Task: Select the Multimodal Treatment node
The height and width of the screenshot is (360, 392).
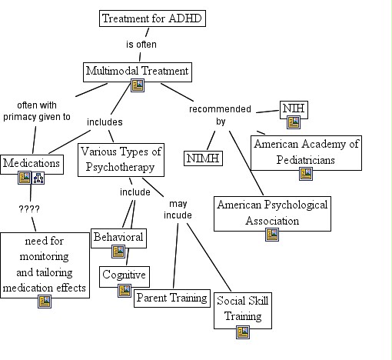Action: [x=137, y=72]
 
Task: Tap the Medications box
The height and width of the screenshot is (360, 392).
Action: [x=32, y=163]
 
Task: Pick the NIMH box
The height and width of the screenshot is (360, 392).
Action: [x=203, y=158]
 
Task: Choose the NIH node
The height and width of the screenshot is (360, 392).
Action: [x=293, y=108]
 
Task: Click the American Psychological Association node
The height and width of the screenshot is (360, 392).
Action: [x=272, y=213]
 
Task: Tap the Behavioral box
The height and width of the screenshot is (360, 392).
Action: [x=118, y=237]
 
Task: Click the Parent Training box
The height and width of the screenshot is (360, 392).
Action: [x=171, y=298]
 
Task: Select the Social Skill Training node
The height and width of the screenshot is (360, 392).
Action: [x=243, y=308]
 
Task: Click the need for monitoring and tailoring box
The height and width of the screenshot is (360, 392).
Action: [x=44, y=264]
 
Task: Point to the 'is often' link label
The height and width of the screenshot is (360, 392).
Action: [x=141, y=44]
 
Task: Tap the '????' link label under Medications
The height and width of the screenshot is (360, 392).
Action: [x=29, y=208]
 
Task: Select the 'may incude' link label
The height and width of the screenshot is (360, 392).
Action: [x=178, y=209]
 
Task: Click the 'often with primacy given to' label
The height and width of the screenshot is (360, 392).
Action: [x=36, y=111]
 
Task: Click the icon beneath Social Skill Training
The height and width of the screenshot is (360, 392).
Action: [x=243, y=332]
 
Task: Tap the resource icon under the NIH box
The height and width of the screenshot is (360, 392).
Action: [x=294, y=122]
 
